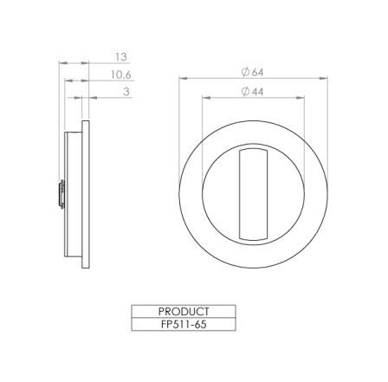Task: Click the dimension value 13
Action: click(x=120, y=57)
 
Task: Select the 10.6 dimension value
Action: click(x=120, y=75)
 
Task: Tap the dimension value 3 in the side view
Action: click(x=126, y=91)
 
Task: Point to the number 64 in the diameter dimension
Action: click(x=257, y=72)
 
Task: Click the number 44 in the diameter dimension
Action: click(x=257, y=91)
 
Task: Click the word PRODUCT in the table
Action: click(x=184, y=311)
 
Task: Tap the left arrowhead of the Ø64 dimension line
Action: click(x=183, y=79)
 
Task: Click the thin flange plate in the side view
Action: click(x=85, y=194)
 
